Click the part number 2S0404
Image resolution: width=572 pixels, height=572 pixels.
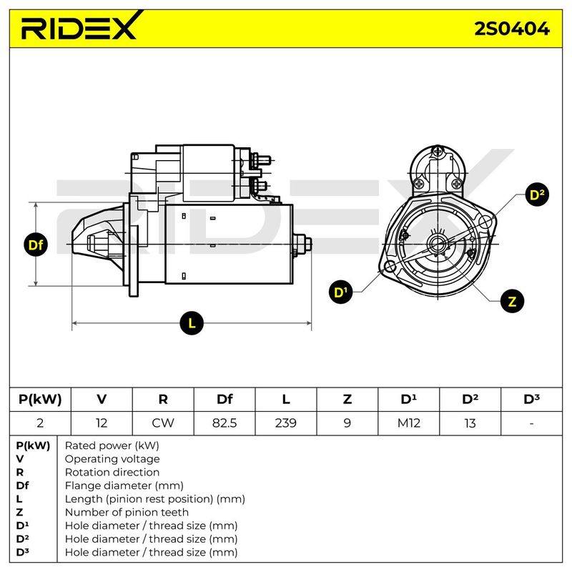[x=512, y=29]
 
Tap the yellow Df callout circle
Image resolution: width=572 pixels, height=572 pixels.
[x=35, y=245]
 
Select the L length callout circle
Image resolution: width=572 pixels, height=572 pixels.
[x=192, y=323]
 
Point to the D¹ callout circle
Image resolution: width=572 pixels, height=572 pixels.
[x=341, y=292]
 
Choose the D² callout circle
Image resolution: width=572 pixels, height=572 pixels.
[x=537, y=194]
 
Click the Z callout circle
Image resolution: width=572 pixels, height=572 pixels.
[x=512, y=301]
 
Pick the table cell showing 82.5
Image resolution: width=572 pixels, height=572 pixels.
[x=225, y=423]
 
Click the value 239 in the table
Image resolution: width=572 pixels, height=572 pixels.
[x=285, y=423]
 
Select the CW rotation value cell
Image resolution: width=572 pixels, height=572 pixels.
[x=163, y=423]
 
